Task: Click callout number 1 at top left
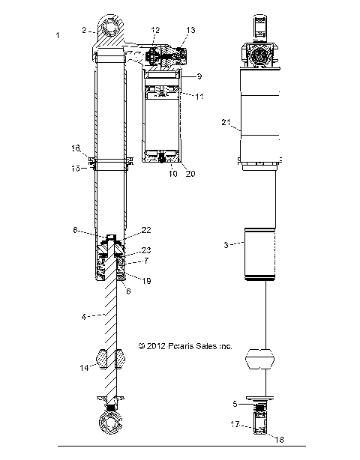coord(58,35)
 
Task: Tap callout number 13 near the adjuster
coord(190,30)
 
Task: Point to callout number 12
coord(155,30)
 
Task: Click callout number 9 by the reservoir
coord(199,76)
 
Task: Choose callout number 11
coord(199,97)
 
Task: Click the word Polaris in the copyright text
coord(180,347)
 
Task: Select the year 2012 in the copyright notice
coord(156,347)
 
